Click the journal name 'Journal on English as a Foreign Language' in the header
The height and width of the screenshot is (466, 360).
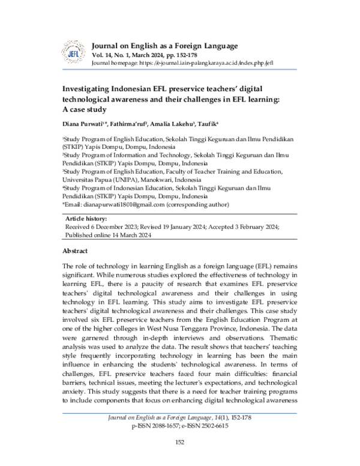tap(164, 46)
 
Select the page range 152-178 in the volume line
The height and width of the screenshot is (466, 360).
tap(191, 55)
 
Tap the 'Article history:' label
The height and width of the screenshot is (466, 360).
tap(86, 219)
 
